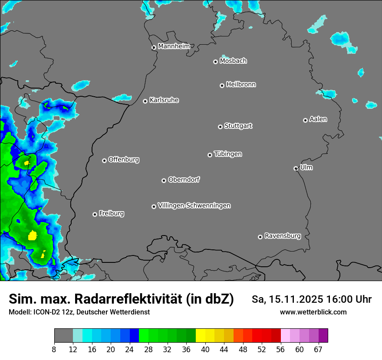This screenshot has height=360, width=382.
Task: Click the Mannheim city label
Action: pos(174,46)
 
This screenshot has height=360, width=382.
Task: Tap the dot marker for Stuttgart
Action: pos(220,127)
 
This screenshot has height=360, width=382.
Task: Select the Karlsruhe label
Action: pos(164,100)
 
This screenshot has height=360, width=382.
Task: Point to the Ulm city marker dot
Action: pos(296,168)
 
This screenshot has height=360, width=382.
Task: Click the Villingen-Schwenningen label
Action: pos(194,206)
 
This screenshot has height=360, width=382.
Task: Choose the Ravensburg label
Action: pos(283,236)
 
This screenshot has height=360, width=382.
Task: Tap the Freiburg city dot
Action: pos(95,214)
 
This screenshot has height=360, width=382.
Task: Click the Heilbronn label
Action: pos(241,85)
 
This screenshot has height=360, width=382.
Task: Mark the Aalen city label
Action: pos(318,119)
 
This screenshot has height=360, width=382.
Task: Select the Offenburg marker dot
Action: pos(104,160)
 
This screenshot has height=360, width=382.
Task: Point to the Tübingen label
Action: pos(228,154)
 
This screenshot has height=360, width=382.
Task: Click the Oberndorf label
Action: pos(184,180)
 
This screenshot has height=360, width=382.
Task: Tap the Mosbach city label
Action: pos(233,61)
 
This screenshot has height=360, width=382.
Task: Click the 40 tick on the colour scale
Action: pos(205,349)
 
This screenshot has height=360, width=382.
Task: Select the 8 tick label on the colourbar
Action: pos(54,349)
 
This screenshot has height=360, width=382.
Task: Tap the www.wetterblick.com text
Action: pos(313,312)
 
